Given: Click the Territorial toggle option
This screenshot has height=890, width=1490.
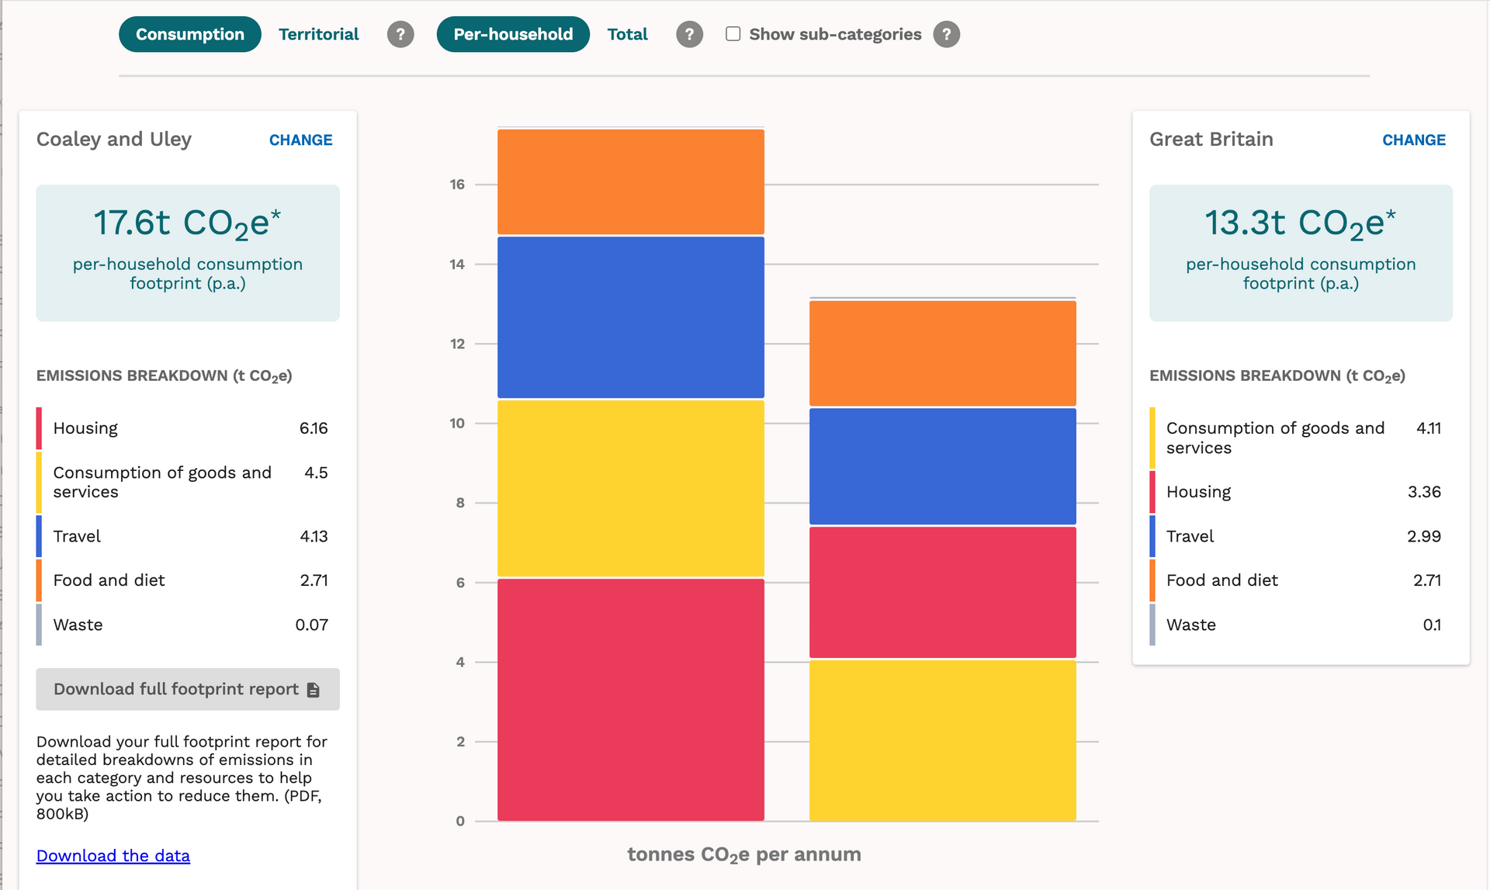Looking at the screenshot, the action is (318, 34).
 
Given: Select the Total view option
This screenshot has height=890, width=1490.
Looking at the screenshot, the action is (627, 34).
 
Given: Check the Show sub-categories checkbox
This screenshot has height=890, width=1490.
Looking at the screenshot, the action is (733, 34).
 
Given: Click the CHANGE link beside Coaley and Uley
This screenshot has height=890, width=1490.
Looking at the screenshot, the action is (300, 140).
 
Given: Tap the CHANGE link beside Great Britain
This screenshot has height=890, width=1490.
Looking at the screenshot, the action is (1414, 140).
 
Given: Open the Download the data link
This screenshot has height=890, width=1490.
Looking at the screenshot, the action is (113, 855).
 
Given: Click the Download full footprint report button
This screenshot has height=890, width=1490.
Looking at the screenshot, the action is (188, 689).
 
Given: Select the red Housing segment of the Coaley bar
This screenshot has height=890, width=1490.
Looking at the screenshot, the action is (631, 699).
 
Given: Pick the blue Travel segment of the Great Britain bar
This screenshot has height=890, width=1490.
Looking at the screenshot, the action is (943, 466).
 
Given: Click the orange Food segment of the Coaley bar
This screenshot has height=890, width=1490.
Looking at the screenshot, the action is (631, 182).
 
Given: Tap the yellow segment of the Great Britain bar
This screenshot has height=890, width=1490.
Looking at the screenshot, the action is (943, 740).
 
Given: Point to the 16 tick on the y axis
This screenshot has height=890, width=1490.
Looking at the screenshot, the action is (457, 185).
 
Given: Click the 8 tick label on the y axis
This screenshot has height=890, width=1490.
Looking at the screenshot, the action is (460, 503).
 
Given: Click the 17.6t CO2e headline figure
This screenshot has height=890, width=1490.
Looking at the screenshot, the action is (187, 223).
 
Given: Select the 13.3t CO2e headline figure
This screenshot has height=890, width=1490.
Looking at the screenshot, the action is (1300, 223).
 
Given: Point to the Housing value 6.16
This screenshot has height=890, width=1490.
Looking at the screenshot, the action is (314, 428).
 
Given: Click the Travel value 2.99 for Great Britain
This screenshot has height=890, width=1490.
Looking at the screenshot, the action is (1424, 536).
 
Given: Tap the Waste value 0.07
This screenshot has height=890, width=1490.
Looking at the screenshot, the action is (311, 625).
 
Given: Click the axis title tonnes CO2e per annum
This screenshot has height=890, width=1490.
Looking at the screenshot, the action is (744, 855).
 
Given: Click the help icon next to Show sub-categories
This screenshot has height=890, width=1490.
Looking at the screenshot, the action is (946, 34).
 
